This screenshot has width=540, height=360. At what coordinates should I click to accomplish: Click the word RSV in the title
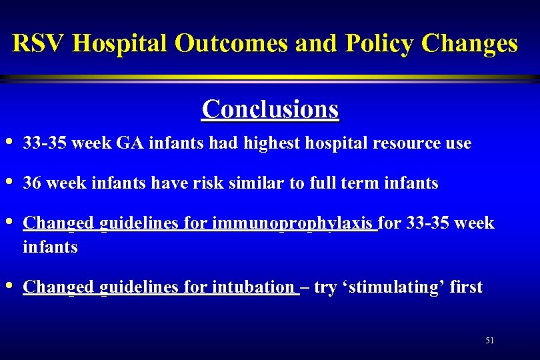click(x=39, y=44)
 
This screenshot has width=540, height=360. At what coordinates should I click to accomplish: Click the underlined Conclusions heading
click(x=270, y=109)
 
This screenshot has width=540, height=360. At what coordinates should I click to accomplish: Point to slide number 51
click(x=490, y=340)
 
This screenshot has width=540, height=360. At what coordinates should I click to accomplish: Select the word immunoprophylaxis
click(x=294, y=224)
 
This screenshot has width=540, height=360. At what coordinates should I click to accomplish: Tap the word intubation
click(x=252, y=287)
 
